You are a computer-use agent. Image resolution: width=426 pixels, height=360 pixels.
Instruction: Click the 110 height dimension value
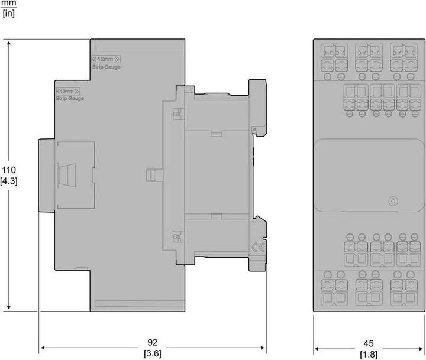[x=9, y=170]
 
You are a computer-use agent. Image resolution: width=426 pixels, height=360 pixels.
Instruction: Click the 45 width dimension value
[x=368, y=343]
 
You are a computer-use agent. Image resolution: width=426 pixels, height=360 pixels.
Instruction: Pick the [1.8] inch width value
[x=368, y=354]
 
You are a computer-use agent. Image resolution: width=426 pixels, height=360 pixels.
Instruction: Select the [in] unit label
[x=8, y=13]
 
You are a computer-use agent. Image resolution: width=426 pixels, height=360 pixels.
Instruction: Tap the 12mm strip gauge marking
[x=105, y=59]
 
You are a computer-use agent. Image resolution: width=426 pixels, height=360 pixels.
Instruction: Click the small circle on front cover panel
[x=391, y=201]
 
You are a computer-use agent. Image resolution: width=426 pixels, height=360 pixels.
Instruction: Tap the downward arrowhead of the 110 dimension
[x=9, y=307]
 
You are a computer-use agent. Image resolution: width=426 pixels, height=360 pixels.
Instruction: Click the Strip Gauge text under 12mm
[x=105, y=67]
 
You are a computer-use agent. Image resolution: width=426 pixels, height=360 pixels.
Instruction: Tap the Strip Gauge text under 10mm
[x=69, y=99]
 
